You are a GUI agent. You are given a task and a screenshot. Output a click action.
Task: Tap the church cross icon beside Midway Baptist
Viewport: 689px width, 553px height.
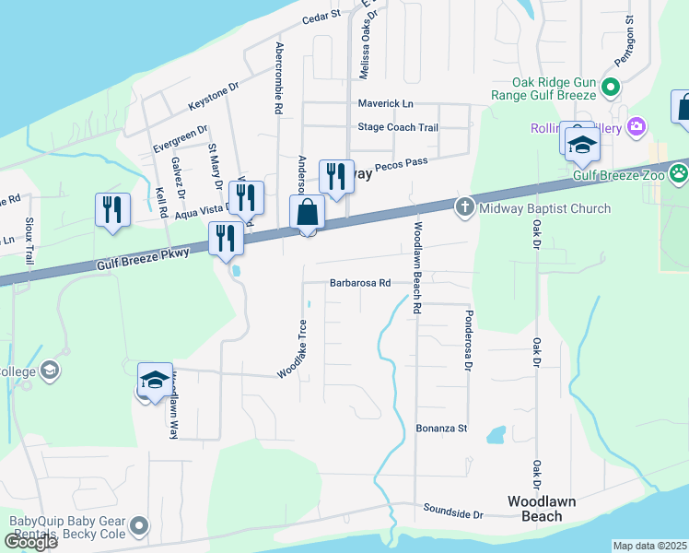point(466,207)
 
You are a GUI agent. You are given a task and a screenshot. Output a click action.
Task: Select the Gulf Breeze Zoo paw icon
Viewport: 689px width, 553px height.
point(679,172)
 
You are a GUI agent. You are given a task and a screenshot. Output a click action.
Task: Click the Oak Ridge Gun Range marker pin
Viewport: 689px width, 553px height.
point(610,88)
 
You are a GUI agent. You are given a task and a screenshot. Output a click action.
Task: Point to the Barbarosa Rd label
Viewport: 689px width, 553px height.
point(360,284)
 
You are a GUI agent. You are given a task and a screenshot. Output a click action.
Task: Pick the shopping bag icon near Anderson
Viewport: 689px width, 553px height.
point(308,213)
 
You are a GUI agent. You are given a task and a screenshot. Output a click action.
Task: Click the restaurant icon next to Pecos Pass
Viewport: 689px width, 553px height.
point(336,175)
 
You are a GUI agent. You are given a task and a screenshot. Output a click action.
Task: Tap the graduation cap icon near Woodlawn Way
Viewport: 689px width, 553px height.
point(155,380)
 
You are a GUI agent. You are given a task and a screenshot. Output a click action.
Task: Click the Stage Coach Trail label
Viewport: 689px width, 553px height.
point(398,128)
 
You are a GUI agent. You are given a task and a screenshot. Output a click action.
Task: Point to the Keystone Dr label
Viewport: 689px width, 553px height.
point(213,87)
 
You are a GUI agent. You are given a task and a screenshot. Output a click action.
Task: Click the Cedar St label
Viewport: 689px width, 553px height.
point(321,16)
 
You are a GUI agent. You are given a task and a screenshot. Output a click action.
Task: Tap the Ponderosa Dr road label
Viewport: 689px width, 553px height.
point(468,340)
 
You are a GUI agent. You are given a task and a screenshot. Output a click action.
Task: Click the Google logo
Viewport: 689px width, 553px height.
point(30,542)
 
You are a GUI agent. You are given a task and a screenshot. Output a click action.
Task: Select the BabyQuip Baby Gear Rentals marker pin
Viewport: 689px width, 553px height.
point(139,526)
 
